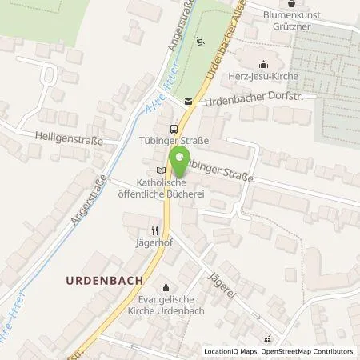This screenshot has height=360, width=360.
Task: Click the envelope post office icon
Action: click(x=189, y=102)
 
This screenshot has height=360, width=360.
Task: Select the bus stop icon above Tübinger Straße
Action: click(x=173, y=128)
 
